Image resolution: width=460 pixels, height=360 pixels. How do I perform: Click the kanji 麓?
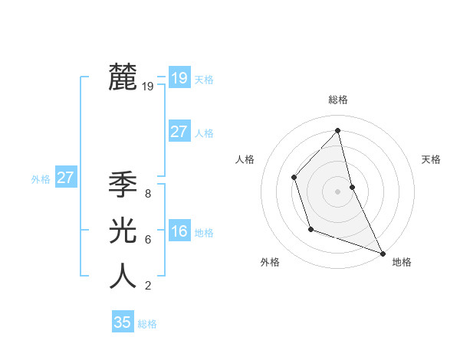[123, 78]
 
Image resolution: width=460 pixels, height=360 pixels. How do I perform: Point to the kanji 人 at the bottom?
[123, 277]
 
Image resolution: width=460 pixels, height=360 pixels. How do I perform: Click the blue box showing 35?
[123, 322]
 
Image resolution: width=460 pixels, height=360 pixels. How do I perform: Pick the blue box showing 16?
[179, 232]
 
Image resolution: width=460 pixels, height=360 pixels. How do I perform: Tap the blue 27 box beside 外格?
[65, 178]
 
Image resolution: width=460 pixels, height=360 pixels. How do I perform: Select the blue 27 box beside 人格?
[179, 132]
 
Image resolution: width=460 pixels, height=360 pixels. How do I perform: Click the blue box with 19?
[179, 78]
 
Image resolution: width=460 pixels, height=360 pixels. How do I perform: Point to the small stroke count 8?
[147, 194]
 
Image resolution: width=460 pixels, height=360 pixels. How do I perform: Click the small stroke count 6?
[147, 240]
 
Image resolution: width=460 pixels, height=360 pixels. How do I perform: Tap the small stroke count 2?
[147, 286]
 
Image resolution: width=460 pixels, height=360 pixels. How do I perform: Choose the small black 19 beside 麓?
[147, 87]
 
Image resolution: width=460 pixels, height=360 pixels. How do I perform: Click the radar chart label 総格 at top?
[338, 100]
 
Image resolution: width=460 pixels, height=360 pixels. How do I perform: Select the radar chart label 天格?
[431, 159]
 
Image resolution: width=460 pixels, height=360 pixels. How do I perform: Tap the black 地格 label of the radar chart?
[402, 262]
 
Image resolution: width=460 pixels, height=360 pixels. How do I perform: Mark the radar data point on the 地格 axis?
[383, 253]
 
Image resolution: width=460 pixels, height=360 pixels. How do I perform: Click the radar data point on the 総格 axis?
[338, 130]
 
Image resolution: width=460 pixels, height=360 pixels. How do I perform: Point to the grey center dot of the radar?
[338, 191]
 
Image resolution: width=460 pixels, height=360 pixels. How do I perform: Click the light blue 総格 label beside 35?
[147, 324]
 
